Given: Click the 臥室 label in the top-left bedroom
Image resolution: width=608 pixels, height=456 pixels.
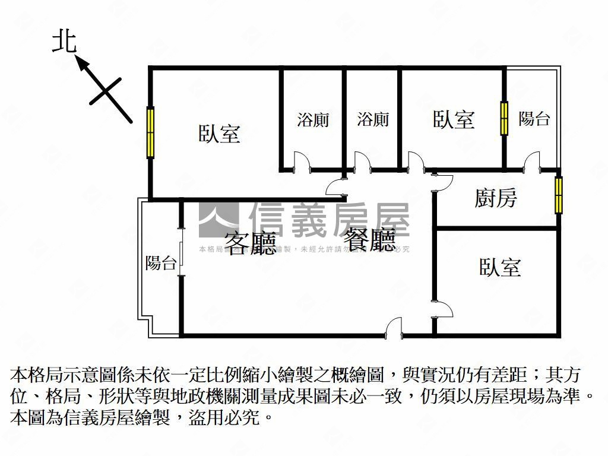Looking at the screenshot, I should tap(220, 134).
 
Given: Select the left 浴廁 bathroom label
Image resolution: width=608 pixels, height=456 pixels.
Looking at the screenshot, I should tap(313, 119).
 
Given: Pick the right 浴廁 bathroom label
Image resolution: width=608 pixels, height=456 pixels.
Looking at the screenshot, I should tap(373, 119).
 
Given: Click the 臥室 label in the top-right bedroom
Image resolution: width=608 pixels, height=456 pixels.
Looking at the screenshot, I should tap(454, 119).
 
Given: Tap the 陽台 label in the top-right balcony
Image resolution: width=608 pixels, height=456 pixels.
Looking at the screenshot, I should tap(534, 119).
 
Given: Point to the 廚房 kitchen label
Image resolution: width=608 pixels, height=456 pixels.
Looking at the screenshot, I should tap(496, 198).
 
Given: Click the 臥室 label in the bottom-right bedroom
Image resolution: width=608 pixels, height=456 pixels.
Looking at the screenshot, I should tap(501, 267).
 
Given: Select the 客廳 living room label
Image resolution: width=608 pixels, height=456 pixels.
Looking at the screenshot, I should tap(251, 243).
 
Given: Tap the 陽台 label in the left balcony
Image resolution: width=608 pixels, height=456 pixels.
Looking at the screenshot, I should tap(160, 263).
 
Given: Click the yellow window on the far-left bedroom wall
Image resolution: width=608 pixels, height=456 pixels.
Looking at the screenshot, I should tap(150, 132).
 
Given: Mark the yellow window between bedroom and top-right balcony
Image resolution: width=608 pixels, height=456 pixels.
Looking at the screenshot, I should tap(504, 118).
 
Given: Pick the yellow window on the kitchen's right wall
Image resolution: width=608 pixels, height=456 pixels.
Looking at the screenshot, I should tap(558, 195).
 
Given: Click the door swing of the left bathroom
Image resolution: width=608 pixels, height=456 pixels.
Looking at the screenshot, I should tap(301, 161).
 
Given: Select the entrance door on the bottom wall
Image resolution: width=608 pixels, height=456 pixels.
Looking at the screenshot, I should tap(394, 328).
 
